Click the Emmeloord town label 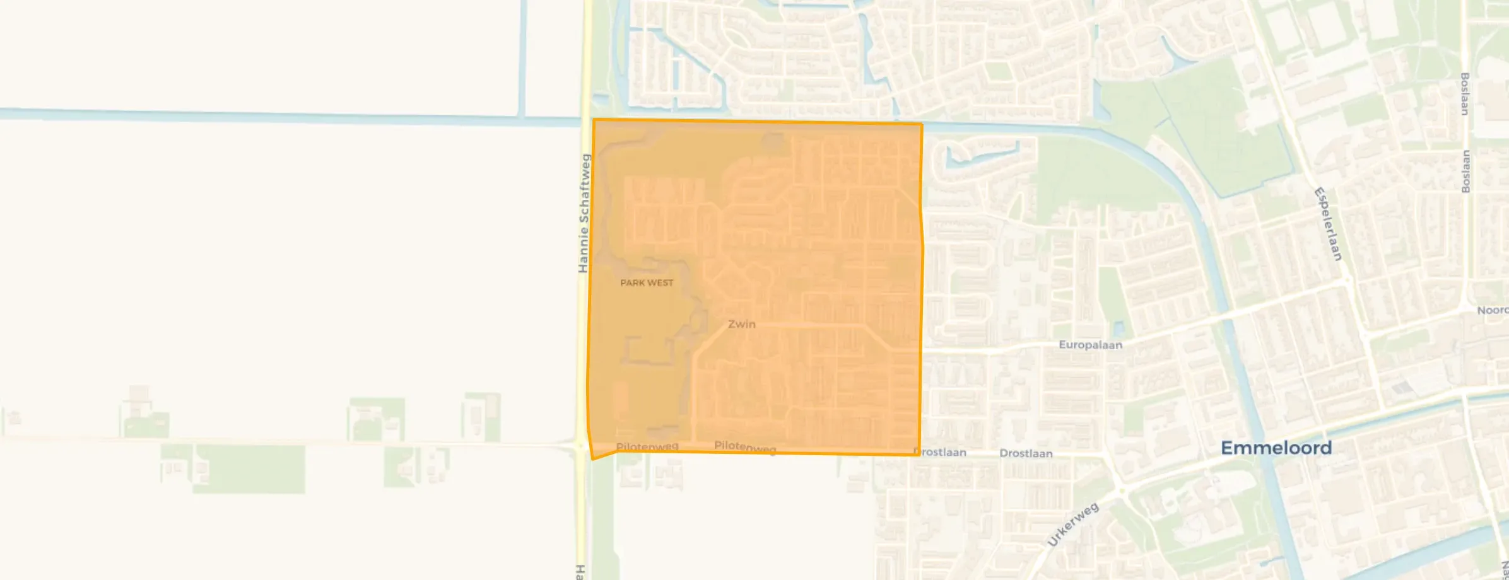point(1276,448)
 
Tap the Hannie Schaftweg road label point(584,213)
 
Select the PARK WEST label point(647,283)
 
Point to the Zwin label point(741,324)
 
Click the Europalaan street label point(1090,345)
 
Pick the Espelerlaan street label point(1328,224)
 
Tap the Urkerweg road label point(1072,525)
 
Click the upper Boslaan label point(1465,94)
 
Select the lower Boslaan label point(1465,171)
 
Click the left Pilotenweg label point(647,447)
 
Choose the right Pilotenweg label point(745,447)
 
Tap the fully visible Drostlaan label point(1026,453)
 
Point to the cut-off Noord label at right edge point(1493,310)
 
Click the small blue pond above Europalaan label point(1119,328)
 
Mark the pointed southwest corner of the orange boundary point(592,459)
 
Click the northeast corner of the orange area point(922,124)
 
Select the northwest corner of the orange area point(594,119)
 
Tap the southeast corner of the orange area point(919,454)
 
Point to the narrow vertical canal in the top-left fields point(522,58)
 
